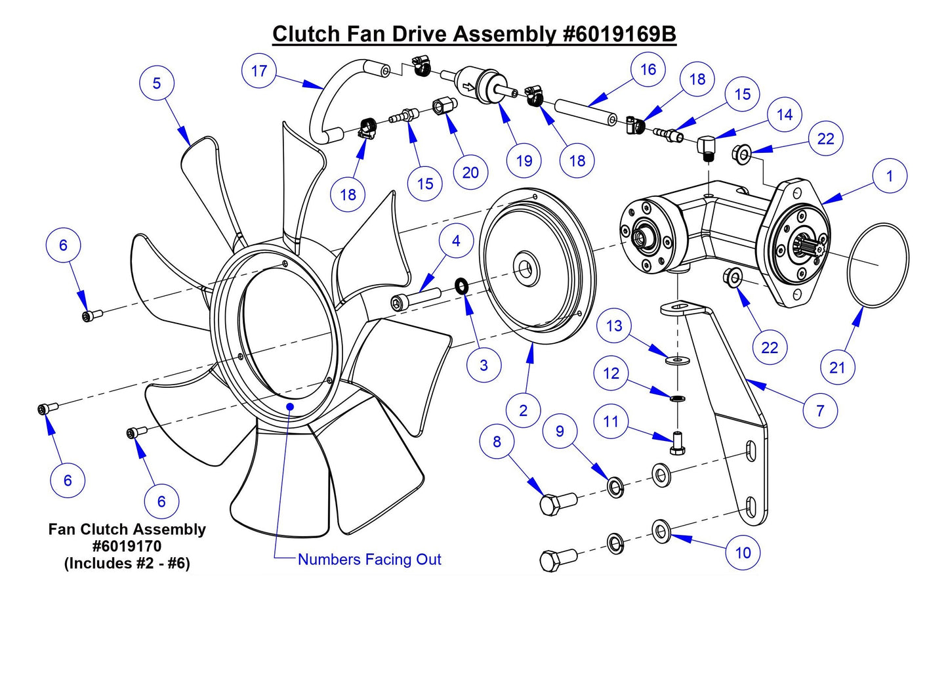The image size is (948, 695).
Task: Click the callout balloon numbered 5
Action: click(156, 83)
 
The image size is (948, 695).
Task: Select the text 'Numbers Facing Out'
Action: click(369, 559)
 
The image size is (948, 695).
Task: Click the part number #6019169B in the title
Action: click(619, 34)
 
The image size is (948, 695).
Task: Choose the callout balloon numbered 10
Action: click(743, 553)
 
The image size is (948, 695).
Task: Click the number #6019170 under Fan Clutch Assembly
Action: click(127, 546)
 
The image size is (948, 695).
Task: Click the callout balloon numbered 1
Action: click(890, 176)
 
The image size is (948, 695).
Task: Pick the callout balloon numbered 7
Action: click(820, 411)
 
